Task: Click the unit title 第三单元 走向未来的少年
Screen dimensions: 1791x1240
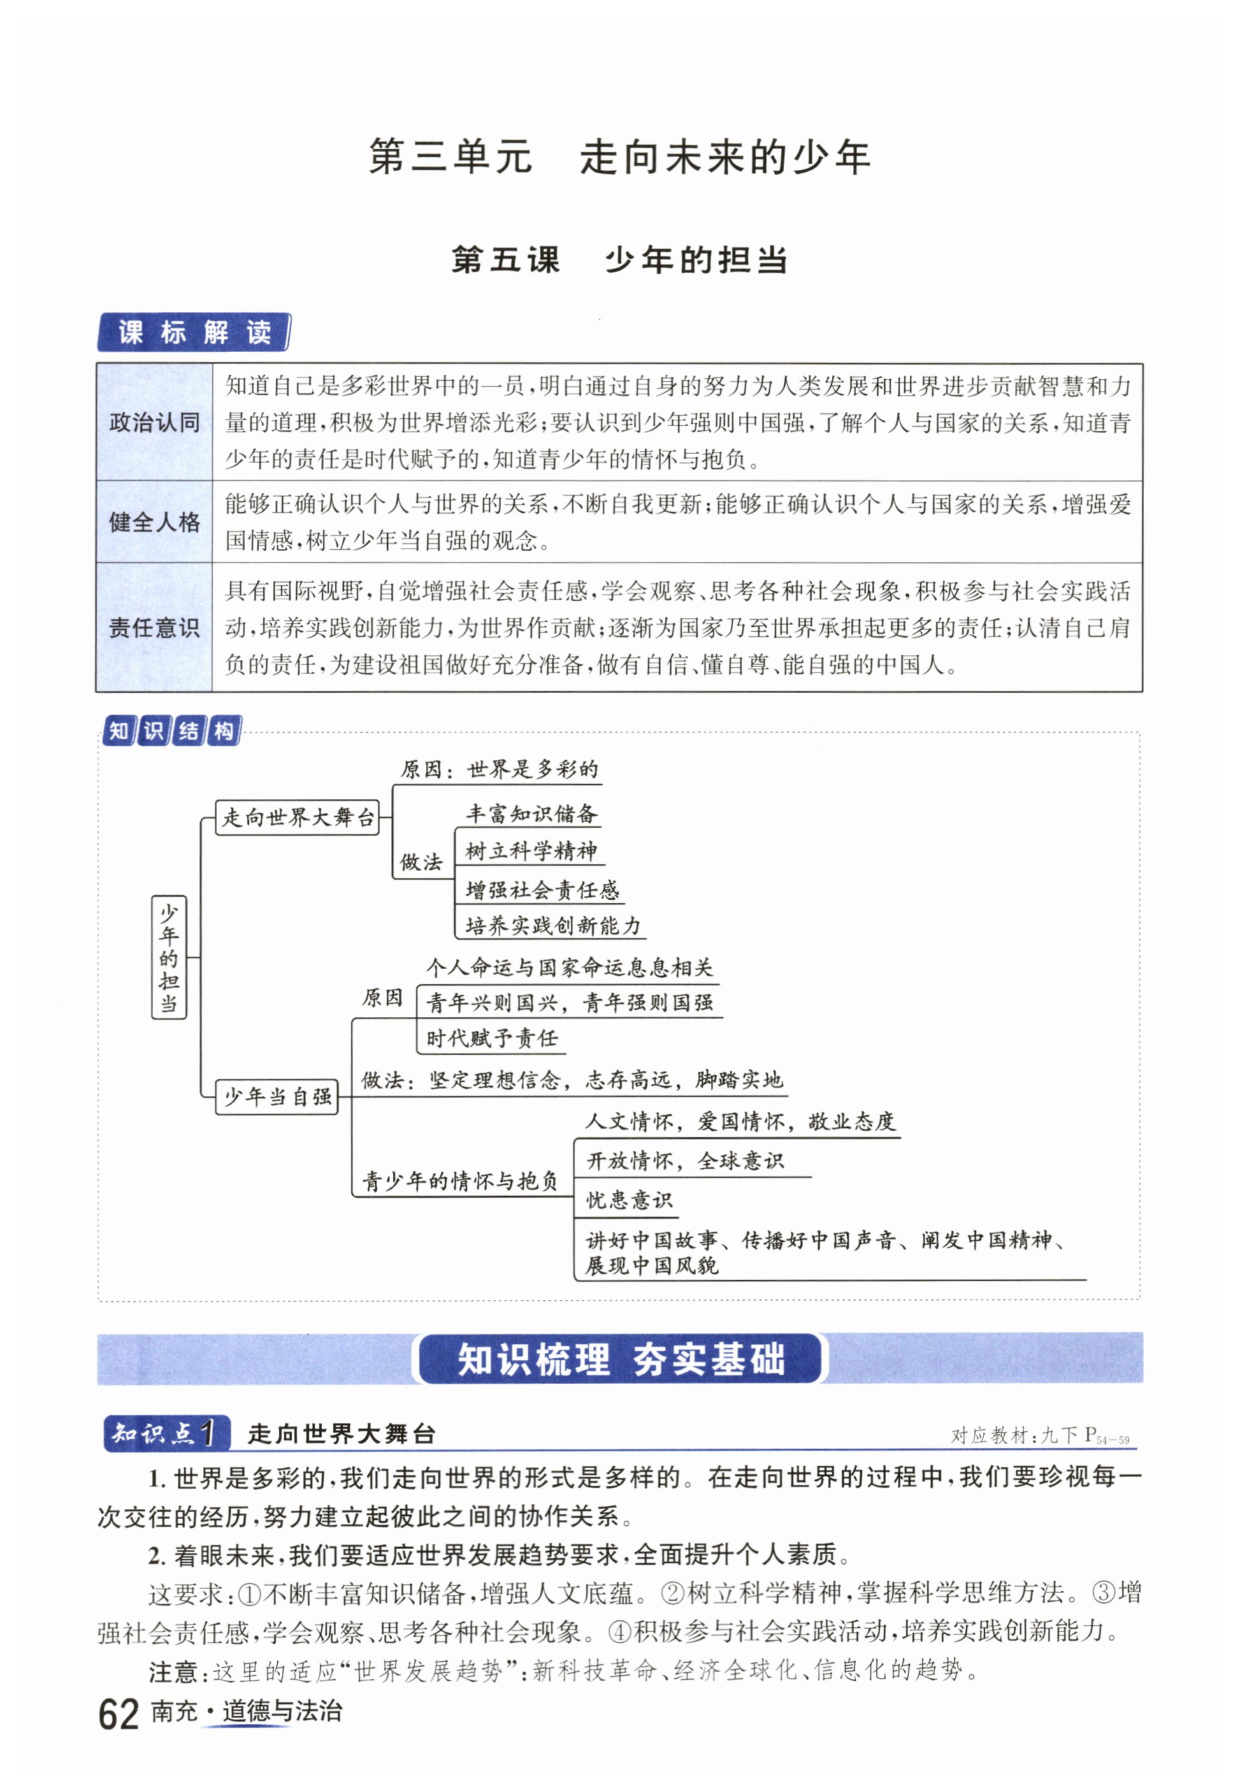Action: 619,157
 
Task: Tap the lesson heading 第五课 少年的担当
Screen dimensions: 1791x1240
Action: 619,260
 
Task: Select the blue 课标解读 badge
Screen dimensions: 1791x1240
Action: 194,333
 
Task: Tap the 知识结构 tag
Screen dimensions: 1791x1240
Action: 171,731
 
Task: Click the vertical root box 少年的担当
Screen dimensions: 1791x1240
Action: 169,957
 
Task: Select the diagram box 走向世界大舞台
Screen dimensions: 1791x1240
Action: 297,817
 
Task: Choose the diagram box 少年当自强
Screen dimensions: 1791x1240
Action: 277,1097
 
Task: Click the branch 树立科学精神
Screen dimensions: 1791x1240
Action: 531,852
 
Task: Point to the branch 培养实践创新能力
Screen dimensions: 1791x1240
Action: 553,925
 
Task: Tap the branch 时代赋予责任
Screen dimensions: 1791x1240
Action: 492,1038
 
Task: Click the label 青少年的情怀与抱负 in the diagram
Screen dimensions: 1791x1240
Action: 460,1182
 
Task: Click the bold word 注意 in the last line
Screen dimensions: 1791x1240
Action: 173,1671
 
